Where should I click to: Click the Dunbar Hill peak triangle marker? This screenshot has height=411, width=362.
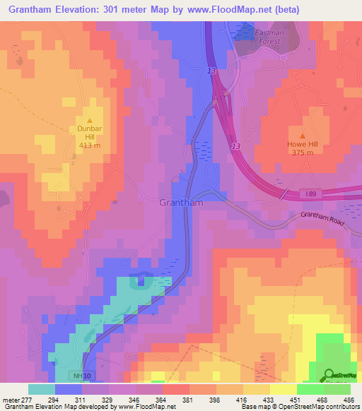(x=90, y=120)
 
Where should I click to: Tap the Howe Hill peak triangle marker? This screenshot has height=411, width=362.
(x=303, y=135)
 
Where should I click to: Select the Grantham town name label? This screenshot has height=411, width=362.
(x=182, y=203)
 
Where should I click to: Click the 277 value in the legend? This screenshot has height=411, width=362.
(x=28, y=399)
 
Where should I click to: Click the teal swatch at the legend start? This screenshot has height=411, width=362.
(x=42, y=389)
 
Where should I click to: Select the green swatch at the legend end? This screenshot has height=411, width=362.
(x=337, y=389)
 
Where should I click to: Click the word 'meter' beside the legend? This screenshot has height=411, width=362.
(x=9, y=399)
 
